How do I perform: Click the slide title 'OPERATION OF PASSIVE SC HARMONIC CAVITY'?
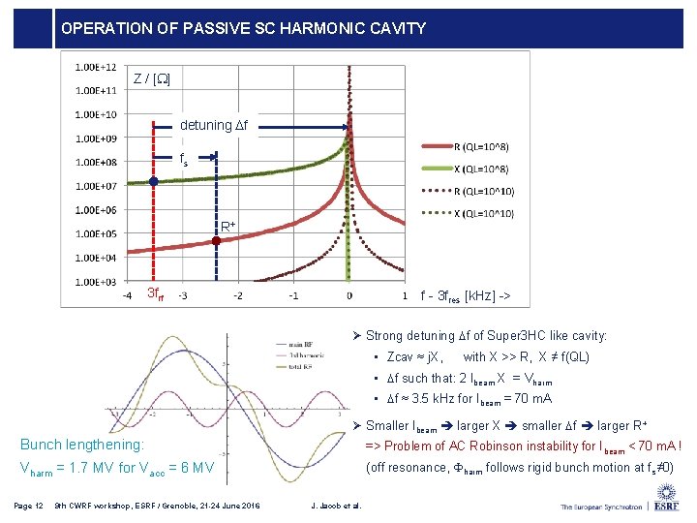point(243,29)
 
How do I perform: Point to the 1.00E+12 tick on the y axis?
point(95,67)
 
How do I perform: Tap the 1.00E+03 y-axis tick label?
point(95,282)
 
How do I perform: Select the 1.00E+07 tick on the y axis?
point(95,186)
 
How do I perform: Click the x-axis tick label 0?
point(349,295)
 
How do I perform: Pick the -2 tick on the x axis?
point(238,295)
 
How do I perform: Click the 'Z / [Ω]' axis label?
point(153,77)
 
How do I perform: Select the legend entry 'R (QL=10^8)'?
point(482,146)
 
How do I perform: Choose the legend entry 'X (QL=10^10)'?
point(484,213)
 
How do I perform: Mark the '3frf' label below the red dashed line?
point(154,293)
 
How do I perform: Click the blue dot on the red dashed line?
point(153,181)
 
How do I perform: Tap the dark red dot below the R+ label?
point(216,244)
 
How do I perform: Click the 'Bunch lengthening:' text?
point(82,445)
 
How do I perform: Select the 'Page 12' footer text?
point(29,506)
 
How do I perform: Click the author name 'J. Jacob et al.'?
point(333,506)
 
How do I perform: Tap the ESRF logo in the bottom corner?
point(665,505)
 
